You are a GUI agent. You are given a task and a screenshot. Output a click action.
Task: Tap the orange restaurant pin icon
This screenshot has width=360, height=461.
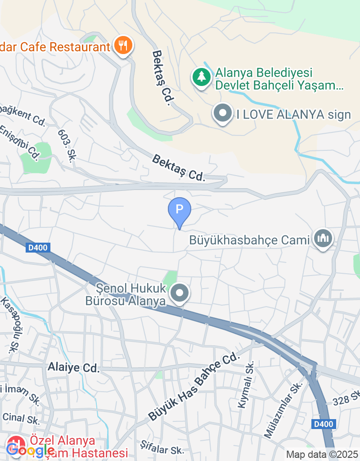pyautogui.click(x=122, y=45)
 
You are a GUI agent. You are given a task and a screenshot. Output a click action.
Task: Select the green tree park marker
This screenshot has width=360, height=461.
pyautogui.click(x=202, y=77)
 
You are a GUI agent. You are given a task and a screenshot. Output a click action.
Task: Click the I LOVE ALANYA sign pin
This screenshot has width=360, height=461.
pyautogui.click(x=223, y=113)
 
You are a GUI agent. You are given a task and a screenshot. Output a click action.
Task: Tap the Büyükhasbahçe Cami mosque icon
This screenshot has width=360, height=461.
pyautogui.click(x=323, y=238)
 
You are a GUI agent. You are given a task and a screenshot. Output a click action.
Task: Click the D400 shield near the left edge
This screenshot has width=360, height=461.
pyautogui.click(x=37, y=248)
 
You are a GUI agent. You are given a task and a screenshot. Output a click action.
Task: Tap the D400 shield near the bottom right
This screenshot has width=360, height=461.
pyautogui.click(x=323, y=424)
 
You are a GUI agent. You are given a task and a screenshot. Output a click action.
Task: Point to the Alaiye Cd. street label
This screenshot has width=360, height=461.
pyautogui.click(x=73, y=368)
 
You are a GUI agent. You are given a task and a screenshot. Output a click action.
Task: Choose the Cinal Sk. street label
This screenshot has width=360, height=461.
pyautogui.click(x=21, y=419)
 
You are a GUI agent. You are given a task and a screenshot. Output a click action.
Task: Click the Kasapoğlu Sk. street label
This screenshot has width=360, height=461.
pyautogui.click(x=9, y=324)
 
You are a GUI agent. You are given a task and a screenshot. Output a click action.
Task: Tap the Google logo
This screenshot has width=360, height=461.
pyautogui.click(x=30, y=449)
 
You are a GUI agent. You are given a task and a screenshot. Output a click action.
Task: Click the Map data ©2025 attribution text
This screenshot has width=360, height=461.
pyautogui.click(x=322, y=455)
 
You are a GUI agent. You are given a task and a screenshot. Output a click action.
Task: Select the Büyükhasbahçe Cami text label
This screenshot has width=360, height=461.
pyautogui.click(x=250, y=240)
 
